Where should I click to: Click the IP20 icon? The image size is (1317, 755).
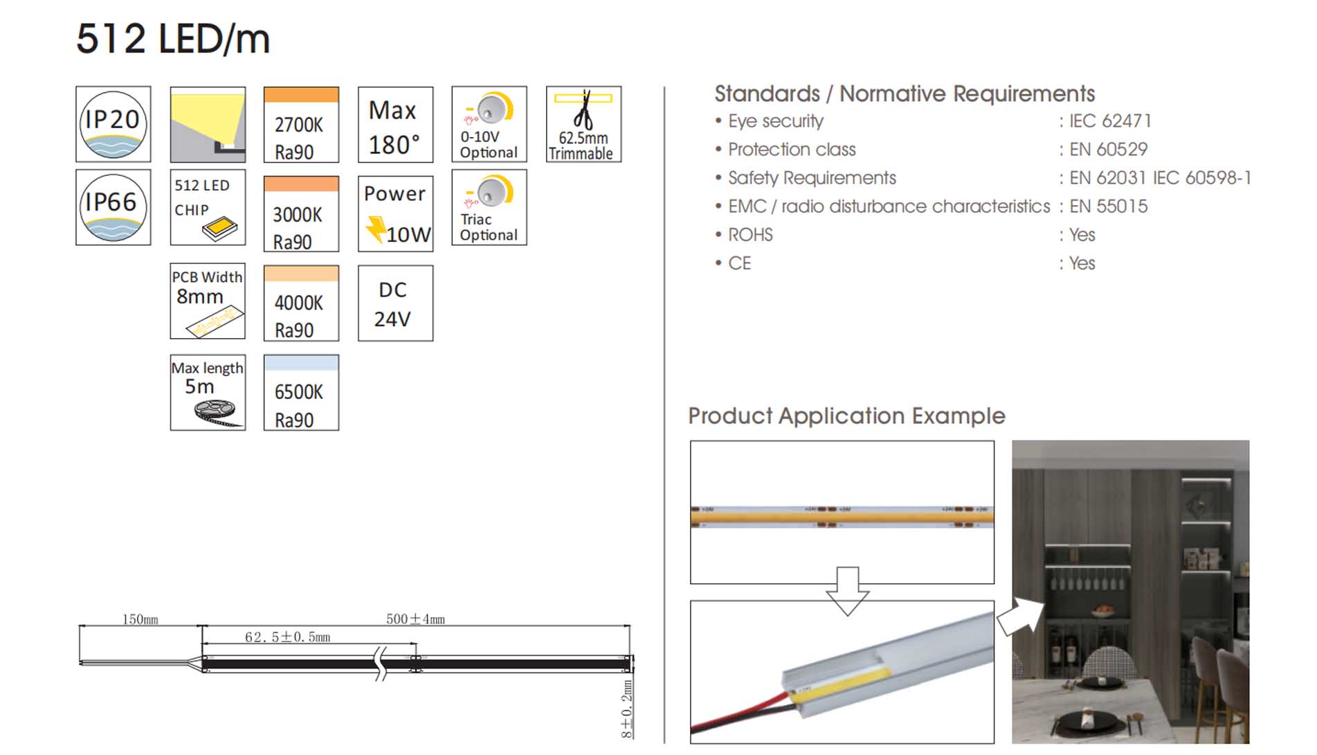point(113,125)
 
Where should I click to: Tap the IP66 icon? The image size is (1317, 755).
point(113,207)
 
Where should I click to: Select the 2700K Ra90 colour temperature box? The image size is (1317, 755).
point(301,125)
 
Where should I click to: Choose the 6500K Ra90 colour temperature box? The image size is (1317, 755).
point(301,393)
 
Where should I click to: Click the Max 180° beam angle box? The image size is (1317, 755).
point(395,125)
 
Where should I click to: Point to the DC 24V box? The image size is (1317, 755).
point(395,303)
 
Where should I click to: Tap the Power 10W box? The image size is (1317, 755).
point(395,213)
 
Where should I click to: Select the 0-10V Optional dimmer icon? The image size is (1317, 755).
point(489,125)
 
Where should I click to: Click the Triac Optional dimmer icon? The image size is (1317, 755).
point(489,207)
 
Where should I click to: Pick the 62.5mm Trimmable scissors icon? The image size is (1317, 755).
point(583,125)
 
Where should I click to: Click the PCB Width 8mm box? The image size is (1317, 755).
point(208,301)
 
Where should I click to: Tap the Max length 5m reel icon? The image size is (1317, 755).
point(208,393)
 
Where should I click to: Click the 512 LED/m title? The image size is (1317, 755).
point(173,39)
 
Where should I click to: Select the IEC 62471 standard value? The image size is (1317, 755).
point(1110,121)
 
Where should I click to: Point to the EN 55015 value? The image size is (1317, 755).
point(1108,206)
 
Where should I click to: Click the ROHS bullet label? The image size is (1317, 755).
point(750,235)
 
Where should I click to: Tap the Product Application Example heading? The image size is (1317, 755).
point(846,416)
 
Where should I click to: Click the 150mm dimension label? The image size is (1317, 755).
point(140,619)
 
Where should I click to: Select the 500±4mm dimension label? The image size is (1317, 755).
point(415,619)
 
